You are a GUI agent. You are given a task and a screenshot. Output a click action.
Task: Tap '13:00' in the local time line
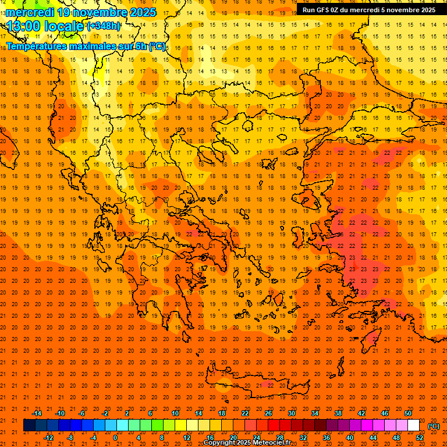pyautogui.click(x=24, y=26)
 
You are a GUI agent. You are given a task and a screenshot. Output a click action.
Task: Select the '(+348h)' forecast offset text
pyautogui.click(x=104, y=26)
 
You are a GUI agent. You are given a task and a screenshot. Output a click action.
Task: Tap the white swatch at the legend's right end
pyautogui.click(x=413, y=425)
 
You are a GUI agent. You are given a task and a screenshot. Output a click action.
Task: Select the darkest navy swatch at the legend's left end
pyautogui.click(x=29, y=425)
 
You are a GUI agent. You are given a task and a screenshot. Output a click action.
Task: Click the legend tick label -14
pyautogui.click(x=37, y=413)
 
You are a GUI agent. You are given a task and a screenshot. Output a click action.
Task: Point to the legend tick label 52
pyautogui.click(x=420, y=438)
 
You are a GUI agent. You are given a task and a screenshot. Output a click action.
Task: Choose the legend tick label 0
pyautogui.click(x=115, y=438)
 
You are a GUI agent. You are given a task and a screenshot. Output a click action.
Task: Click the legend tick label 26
pyautogui.click(x=268, y=413)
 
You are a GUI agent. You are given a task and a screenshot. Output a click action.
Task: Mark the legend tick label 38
pyautogui.click(x=338, y=413)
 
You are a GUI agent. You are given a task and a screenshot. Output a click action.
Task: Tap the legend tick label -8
pyautogui.click(x=70, y=438)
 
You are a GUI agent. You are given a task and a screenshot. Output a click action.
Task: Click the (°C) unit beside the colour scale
pyautogui.click(x=434, y=426)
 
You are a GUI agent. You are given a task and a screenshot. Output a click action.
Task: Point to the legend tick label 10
pyautogui.click(x=175, y=413)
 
